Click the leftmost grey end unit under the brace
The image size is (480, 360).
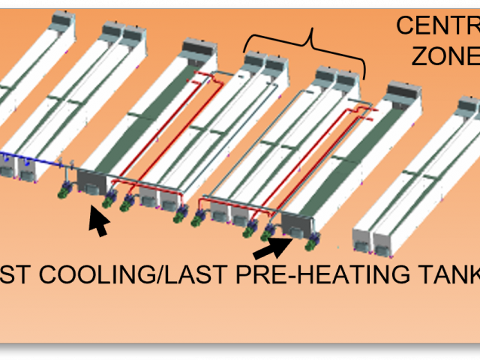coord(255,61)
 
